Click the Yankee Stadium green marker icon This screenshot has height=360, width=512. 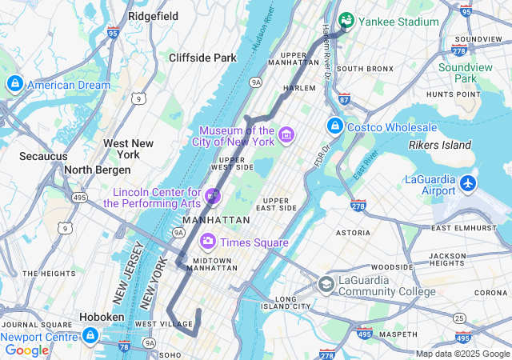click(x=346, y=20)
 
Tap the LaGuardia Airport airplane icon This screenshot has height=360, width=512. click(x=468, y=185)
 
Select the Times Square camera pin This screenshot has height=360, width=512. click(x=208, y=241)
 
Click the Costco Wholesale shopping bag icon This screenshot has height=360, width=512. click(x=334, y=126)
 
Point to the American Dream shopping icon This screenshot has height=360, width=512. click(x=14, y=84)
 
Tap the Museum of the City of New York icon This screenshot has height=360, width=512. click(x=286, y=136)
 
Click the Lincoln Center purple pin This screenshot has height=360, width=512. click(x=213, y=194)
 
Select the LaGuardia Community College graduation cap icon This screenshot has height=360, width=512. click(x=326, y=284)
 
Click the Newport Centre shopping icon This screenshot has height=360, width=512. click(x=90, y=335)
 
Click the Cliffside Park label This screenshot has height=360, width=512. click(x=202, y=58)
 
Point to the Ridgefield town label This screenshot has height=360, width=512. click(x=153, y=15)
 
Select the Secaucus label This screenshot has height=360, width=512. click(x=43, y=156)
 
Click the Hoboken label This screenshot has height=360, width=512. click(x=102, y=317)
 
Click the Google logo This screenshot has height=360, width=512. click(x=26, y=350)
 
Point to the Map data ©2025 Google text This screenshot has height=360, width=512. click(x=462, y=354)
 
